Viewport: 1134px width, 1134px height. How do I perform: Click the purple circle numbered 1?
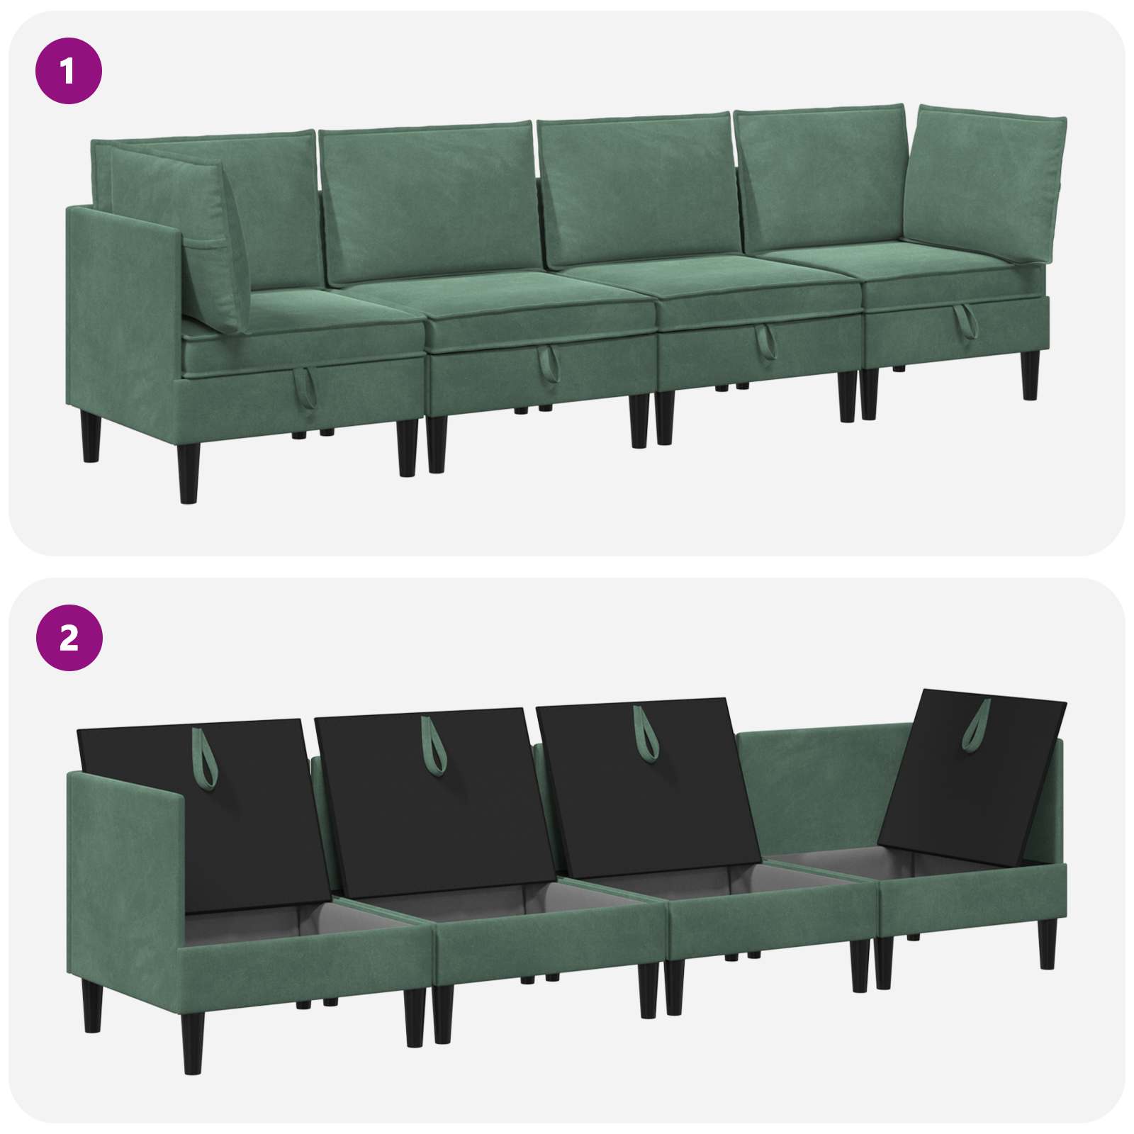tap(69, 72)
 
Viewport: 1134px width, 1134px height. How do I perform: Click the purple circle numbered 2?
tap(69, 639)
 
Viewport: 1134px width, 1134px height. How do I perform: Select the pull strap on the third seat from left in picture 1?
tap(765, 342)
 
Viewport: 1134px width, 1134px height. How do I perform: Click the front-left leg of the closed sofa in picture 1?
tap(189, 472)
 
